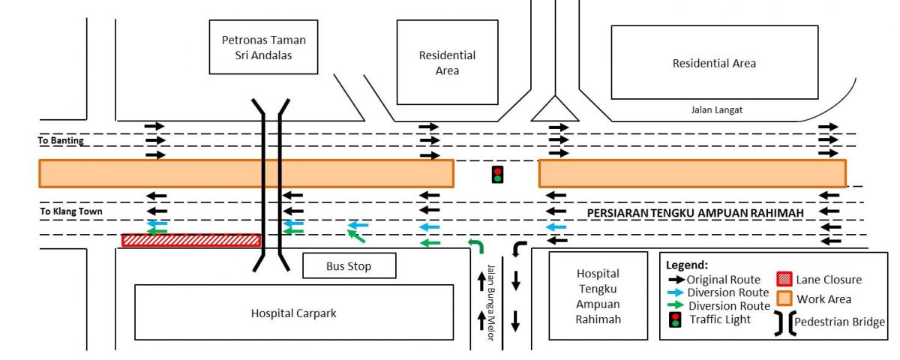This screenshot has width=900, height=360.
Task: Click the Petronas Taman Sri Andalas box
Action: [263, 46]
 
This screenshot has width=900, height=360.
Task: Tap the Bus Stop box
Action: [349, 265]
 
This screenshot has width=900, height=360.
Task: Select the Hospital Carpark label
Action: [293, 313]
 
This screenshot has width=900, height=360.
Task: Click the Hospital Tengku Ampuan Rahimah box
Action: [598, 295]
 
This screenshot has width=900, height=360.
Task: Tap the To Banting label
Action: [61, 140]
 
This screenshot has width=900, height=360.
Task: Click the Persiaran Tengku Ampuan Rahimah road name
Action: [695, 213]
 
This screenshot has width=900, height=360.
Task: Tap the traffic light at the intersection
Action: [496, 174]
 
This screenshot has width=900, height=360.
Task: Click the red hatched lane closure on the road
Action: [191, 240]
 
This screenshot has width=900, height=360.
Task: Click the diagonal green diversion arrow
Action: [356, 237]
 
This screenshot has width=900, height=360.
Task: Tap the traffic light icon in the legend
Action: [675, 320]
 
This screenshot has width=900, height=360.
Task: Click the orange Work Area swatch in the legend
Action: [785, 298]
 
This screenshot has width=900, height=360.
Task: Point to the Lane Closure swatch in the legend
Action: [785, 279]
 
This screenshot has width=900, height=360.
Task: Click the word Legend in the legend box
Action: [686, 265]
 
